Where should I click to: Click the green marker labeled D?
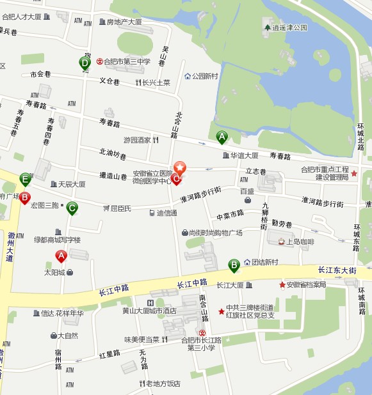click(x=85, y=63)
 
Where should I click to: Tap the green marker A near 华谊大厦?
click(x=222, y=136)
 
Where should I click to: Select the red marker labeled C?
click(x=176, y=178)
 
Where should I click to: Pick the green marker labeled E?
click(x=26, y=179)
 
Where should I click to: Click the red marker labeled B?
click(x=24, y=198)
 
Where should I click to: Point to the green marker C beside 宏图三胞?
click(x=72, y=208)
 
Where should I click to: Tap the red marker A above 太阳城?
click(x=61, y=257)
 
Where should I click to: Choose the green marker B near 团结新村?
click(x=234, y=264)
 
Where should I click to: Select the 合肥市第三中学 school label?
click(x=127, y=62)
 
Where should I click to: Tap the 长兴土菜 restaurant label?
click(x=156, y=82)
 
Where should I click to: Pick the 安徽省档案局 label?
click(x=306, y=284)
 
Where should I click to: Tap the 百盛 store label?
click(x=247, y=191)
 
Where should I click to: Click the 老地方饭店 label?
click(x=163, y=383)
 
